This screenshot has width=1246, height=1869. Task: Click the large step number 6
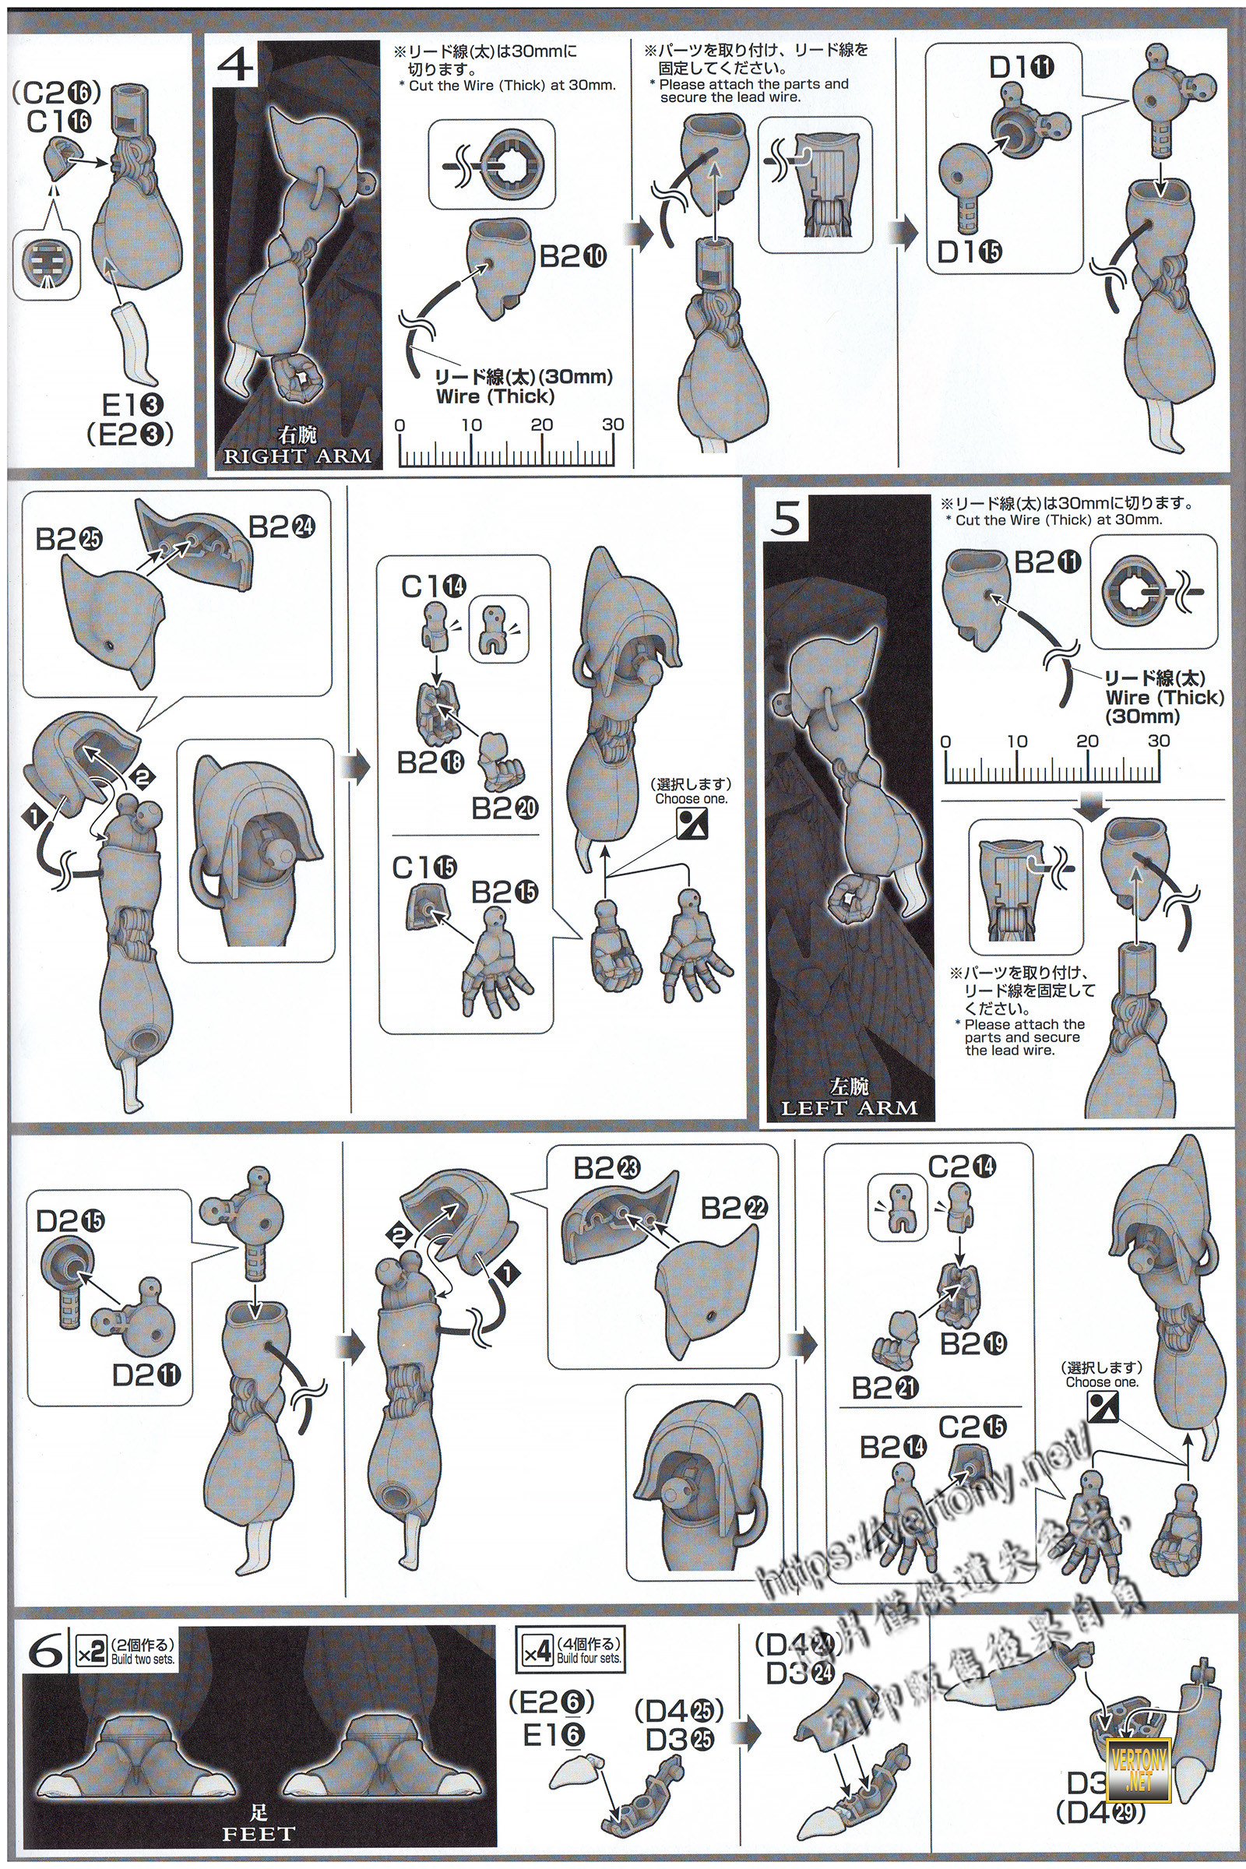point(46,1652)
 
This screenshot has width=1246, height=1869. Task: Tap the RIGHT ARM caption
point(297,456)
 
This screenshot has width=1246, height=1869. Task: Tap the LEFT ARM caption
point(849,1107)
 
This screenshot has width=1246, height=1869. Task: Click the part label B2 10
point(573,257)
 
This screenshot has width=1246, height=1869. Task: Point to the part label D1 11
point(1021,69)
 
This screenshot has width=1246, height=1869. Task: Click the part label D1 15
point(970,252)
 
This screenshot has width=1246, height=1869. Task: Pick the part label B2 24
point(282,527)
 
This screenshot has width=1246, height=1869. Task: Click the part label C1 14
point(433,586)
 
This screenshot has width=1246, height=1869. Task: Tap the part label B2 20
point(505,808)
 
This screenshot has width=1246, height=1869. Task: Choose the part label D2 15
point(70,1220)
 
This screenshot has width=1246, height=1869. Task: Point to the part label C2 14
point(962,1167)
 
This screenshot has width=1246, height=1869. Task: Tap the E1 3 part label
point(132,406)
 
